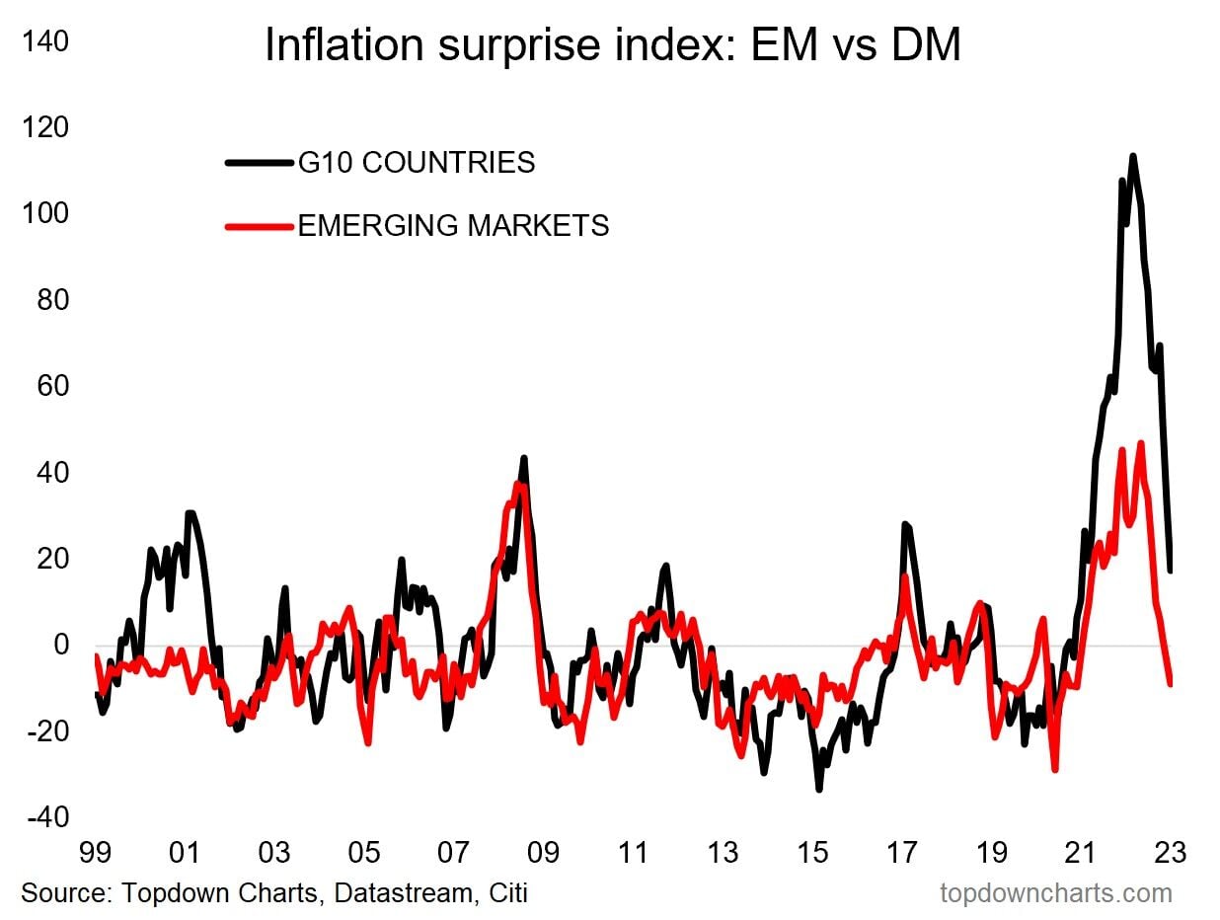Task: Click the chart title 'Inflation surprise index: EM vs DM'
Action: (x=612, y=46)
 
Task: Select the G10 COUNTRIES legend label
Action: (x=417, y=162)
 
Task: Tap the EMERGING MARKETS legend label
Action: (x=453, y=225)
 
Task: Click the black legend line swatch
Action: (x=259, y=162)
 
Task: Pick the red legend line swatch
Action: (x=259, y=226)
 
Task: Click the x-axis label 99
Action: (x=96, y=852)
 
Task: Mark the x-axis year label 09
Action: (x=543, y=852)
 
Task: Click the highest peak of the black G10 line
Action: (x=1132, y=156)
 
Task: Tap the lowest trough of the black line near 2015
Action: (x=818, y=789)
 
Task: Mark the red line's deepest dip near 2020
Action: (x=1055, y=769)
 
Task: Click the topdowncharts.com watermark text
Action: (x=1055, y=894)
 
